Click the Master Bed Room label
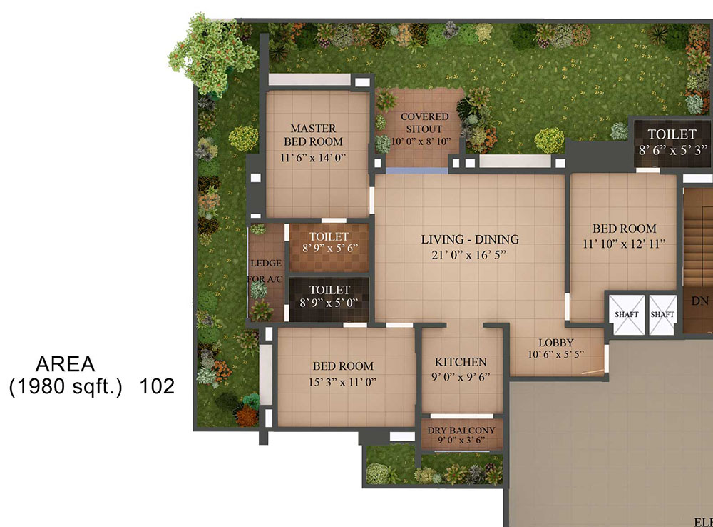tap(313, 135)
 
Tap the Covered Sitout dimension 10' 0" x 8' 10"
tap(421, 141)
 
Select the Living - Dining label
tap(470, 239)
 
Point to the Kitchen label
tap(461, 362)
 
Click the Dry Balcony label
tap(461, 431)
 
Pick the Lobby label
tap(555, 343)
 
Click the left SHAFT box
tap(627, 314)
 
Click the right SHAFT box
tap(662, 314)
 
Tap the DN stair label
tap(700, 301)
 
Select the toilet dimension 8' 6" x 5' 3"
tap(673, 150)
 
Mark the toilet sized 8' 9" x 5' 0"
tap(329, 299)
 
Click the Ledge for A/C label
tap(265, 271)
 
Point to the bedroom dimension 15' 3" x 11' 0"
tap(343, 382)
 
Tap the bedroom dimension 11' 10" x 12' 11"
tap(624, 244)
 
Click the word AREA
tap(66, 364)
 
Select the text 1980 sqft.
tap(66, 387)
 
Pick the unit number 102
tap(157, 387)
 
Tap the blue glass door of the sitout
tap(416, 171)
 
